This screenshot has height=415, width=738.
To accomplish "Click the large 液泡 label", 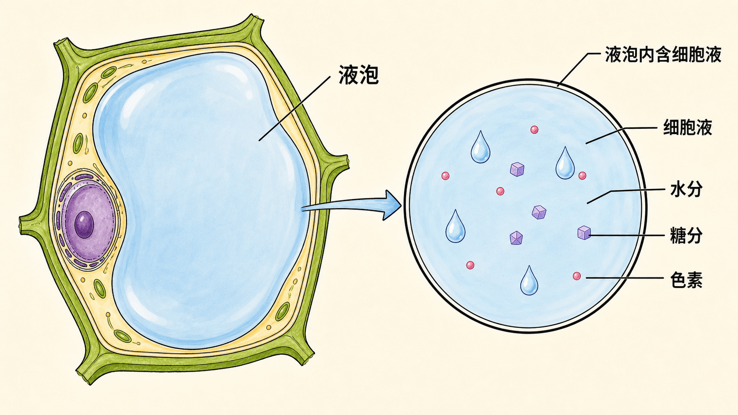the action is click(358, 75).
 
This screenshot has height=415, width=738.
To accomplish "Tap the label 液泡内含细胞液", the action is click(663, 55).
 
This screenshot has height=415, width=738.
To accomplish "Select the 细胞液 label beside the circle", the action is click(688, 127).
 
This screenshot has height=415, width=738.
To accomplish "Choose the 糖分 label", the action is click(686, 236).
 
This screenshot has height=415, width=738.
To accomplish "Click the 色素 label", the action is click(686, 280).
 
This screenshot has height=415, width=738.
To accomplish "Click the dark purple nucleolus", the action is click(84, 224).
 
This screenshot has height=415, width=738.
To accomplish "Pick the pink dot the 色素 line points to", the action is click(576, 276).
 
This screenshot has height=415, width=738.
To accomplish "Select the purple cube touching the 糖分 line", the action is click(584, 233).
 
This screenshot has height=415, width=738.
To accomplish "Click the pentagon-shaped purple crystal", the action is click(516, 238).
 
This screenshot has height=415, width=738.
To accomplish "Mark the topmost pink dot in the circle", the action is click(535, 130).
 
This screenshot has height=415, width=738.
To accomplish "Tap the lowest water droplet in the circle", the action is click(529, 281).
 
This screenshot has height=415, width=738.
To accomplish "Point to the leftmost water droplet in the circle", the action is click(456, 227).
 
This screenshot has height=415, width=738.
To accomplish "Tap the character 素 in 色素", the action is click(694, 280).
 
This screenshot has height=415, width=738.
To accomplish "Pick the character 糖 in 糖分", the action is click(678, 236).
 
